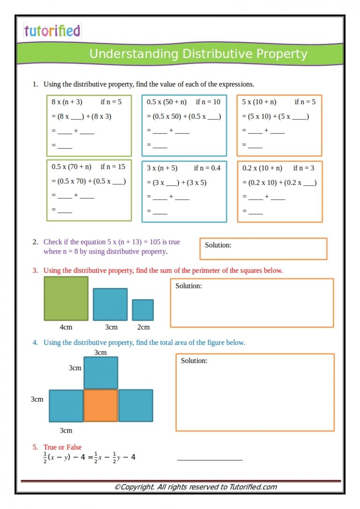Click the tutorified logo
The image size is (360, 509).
(x=52, y=31)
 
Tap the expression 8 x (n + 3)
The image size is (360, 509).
(x=67, y=102)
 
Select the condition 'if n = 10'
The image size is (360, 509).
(x=208, y=102)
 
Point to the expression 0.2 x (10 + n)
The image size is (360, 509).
(x=262, y=168)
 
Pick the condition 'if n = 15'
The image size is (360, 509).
(x=112, y=166)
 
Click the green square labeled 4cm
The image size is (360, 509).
(x=66, y=299)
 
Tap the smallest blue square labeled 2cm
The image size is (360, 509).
(x=142, y=310)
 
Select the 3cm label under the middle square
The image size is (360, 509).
(x=111, y=327)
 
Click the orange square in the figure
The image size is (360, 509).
(x=101, y=405)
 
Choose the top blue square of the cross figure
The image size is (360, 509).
(x=101, y=373)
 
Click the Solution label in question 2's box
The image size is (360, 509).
(x=218, y=245)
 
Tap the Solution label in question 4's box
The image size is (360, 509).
(x=194, y=360)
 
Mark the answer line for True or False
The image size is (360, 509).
(x=210, y=459)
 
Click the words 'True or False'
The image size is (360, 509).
(x=62, y=447)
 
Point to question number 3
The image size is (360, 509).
(x=35, y=270)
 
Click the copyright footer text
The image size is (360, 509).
(x=195, y=487)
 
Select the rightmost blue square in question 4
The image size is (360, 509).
(x=135, y=405)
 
